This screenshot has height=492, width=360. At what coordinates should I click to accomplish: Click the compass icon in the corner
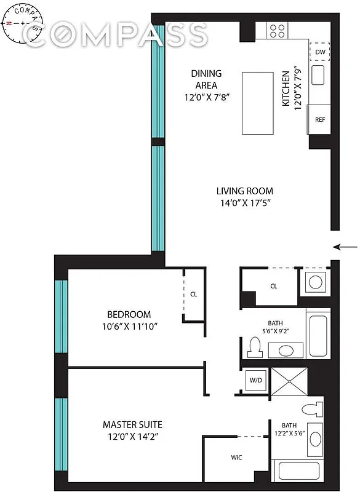(23, 23)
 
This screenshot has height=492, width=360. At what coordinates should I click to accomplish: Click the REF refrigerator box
(319, 120)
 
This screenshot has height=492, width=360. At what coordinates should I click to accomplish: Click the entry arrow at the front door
(345, 247)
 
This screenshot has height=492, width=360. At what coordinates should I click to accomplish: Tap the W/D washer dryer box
(255, 379)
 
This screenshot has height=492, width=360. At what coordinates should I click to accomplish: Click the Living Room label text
(244, 191)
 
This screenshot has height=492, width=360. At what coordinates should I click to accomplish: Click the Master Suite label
(132, 424)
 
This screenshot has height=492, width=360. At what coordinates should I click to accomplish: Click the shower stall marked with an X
(289, 381)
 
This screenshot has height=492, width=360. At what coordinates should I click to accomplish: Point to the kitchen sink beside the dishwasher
(318, 76)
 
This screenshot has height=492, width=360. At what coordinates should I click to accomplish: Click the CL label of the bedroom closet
(193, 294)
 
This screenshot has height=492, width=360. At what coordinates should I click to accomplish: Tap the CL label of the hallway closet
(274, 286)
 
